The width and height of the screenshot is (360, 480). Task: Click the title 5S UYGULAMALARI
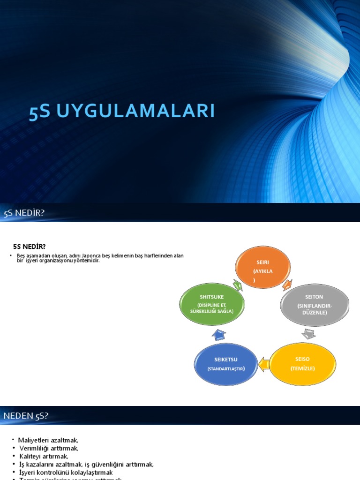click(x=122, y=112)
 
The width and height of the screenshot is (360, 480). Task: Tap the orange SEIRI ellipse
click(x=262, y=267)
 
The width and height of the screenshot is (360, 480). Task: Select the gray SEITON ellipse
click(x=315, y=305)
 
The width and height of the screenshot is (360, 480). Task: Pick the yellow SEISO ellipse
click(x=302, y=364)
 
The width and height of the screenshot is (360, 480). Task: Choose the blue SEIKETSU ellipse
click(x=226, y=364)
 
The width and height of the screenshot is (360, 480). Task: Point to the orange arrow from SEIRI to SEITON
click(x=287, y=285)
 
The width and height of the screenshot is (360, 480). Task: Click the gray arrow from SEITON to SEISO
click(x=308, y=334)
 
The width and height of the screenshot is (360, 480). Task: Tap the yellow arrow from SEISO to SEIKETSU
click(x=263, y=363)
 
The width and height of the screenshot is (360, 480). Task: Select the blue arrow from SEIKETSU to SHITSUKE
click(x=218, y=334)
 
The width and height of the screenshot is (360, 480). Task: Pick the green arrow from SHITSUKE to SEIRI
click(x=237, y=285)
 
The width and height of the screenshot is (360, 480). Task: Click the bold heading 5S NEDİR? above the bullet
click(x=29, y=247)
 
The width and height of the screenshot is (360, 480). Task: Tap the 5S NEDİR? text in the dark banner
click(x=24, y=213)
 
